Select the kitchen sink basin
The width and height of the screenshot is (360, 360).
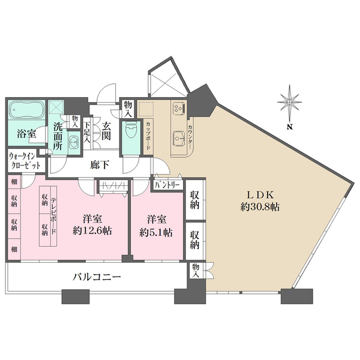pos(179,139)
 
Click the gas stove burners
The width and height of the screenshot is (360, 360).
pos(179,107)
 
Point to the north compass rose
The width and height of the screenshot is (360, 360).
pos(290,103)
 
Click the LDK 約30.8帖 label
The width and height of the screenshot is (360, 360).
pos(260,201)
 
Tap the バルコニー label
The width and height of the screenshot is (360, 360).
pos(97,277)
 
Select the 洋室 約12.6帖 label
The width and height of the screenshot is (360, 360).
pos(92,225)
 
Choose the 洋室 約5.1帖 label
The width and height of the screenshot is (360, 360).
pos(157,227)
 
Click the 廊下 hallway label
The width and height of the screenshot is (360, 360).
pos(100,164)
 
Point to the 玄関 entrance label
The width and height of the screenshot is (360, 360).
pos(106,131)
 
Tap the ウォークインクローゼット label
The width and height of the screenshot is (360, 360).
pos(25,161)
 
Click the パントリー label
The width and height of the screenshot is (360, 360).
pos(167,185)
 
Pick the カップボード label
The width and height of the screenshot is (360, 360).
pos(148,136)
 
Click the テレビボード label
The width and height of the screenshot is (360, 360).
pos(53,217)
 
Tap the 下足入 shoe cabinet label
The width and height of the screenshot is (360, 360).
pos(87,133)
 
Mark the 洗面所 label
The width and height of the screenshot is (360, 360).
pos(58,136)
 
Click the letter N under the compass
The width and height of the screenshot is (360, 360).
pos(290,127)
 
